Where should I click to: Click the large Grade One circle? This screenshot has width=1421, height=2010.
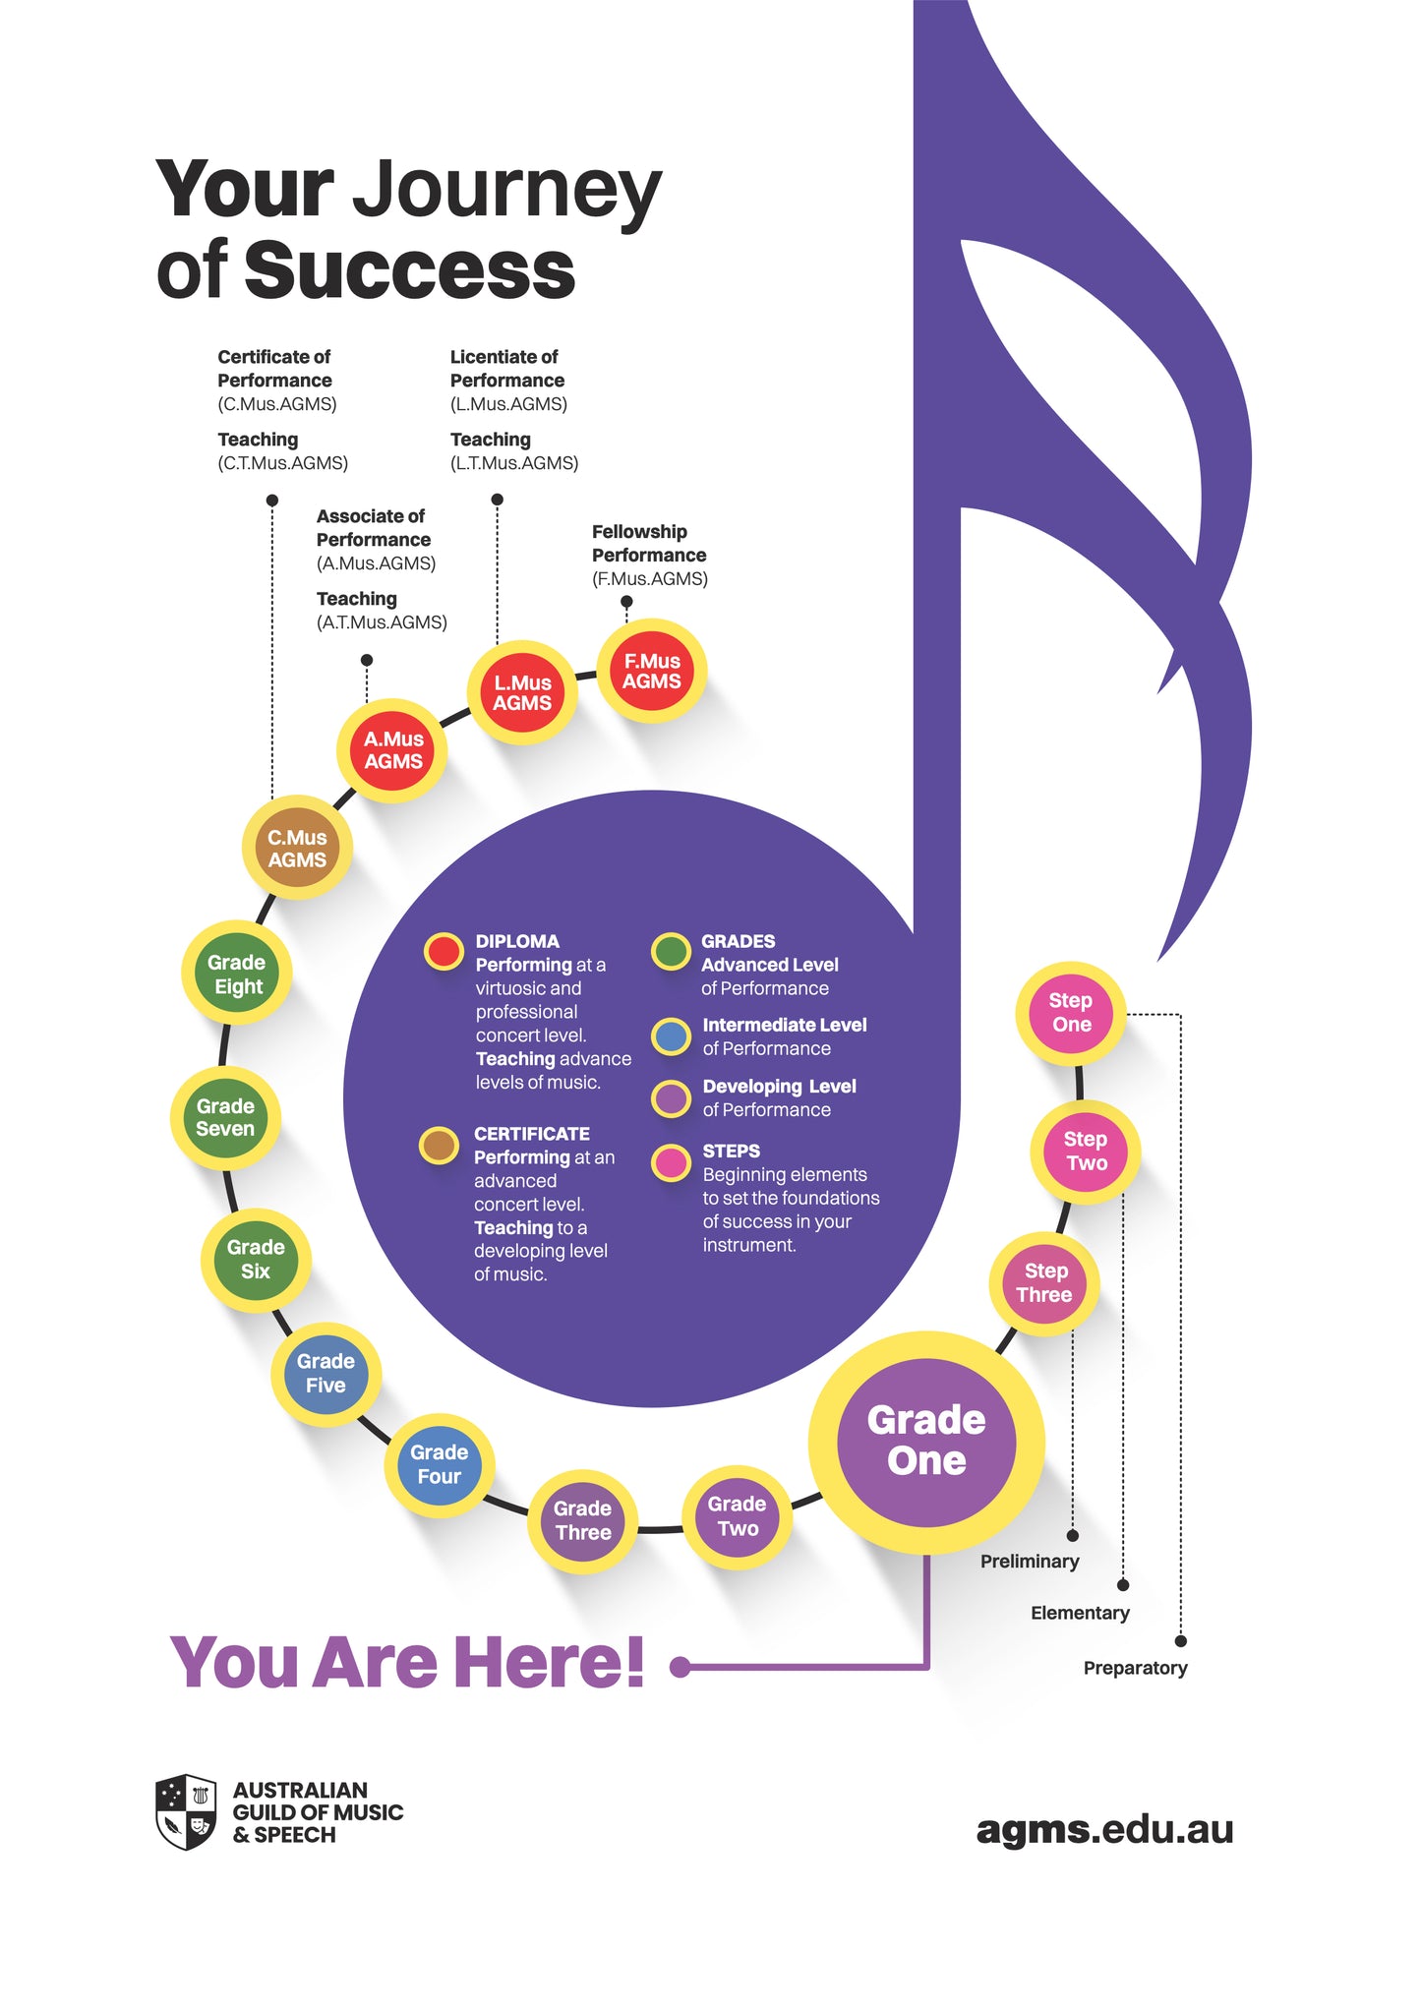926,1442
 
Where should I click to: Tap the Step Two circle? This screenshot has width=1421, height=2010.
1086,1151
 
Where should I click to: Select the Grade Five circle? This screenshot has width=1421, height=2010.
326,1374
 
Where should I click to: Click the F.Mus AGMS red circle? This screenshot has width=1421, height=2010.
652,672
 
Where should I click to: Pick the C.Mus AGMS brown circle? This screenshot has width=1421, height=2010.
297,848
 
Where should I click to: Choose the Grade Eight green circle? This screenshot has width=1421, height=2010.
237,974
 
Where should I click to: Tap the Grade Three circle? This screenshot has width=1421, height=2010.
583,1520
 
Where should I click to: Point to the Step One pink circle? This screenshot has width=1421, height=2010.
1071,1012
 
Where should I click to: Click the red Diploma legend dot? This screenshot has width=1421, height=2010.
444,951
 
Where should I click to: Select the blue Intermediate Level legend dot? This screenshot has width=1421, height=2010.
672,1035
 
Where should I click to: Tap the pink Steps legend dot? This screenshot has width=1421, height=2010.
672,1162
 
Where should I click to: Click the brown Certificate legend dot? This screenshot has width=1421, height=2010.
439,1145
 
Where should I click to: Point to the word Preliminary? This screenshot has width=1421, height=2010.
1030,1562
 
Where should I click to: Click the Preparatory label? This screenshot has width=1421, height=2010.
1135,1668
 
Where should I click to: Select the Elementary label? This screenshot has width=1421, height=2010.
1080,1613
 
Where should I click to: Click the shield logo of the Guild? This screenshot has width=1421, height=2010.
186,1812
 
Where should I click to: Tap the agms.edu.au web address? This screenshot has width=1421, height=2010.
1104,1830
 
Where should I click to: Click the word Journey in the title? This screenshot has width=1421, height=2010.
506,190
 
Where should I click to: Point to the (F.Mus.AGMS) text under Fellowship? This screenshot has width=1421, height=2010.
650,579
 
